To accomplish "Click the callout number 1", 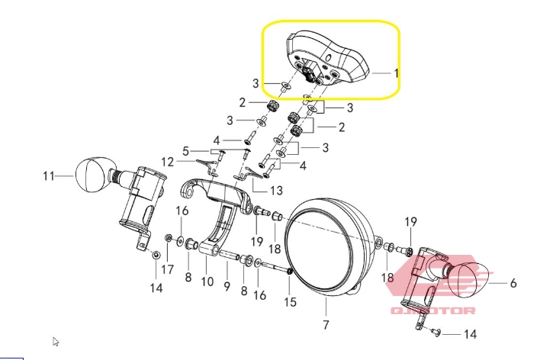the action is tap(397, 73).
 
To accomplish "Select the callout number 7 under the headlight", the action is tap(326, 324).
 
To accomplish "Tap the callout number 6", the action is tap(513, 283).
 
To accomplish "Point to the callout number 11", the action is tap(49, 176).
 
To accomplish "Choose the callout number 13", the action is tap(277, 190).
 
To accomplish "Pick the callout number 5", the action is tap(185, 151).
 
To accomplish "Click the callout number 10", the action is tap(207, 281).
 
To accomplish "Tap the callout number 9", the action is tap(227, 286).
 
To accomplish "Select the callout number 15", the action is tap(290, 302).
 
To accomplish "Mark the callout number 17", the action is tap(167, 269).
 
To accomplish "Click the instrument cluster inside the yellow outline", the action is tap(327, 59).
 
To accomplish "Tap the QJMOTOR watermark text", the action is tap(433, 310).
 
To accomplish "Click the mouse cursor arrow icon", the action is tap(56, 342).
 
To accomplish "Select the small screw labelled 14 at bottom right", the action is tap(436, 332).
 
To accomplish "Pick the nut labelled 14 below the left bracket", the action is tap(156, 255).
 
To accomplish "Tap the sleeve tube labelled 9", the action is tap(229, 256).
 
